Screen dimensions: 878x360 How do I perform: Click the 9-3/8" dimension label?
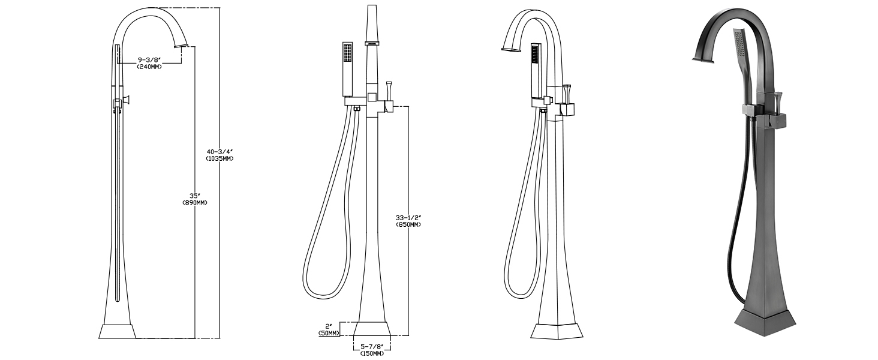pos(149,60)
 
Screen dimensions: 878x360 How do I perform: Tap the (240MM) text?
pos(149,67)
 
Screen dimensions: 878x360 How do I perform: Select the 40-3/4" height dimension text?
pos(220,152)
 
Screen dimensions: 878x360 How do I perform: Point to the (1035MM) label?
pos(220,158)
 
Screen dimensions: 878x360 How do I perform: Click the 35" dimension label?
pos(195,196)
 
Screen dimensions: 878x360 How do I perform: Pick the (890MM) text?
pos(195,203)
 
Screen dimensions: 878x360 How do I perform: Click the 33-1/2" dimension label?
pos(408,218)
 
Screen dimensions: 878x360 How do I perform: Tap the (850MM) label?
pos(408,225)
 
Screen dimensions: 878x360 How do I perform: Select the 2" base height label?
pos(329,326)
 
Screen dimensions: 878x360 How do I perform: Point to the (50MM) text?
pos(329,333)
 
